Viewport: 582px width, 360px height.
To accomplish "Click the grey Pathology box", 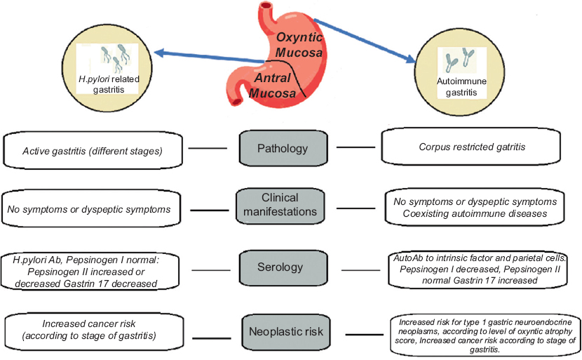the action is pyautogui.click(x=283, y=148).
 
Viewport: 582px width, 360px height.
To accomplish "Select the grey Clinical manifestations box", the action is pyautogui.click(x=280, y=206).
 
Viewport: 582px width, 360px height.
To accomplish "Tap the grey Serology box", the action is pyautogui.click(x=283, y=267).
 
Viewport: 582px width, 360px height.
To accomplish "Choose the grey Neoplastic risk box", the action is pyautogui.click(x=286, y=331).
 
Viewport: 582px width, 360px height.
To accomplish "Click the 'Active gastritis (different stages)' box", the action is pyautogui.click(x=93, y=150).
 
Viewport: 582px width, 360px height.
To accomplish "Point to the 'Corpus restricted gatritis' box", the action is pyautogui.click(x=471, y=147).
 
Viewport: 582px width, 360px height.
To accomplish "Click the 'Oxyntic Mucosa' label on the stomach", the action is pyautogui.click(x=299, y=45).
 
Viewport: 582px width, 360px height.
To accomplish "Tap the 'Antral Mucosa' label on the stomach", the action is pyautogui.click(x=273, y=86).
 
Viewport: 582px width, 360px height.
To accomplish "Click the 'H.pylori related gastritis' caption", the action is pyautogui.click(x=109, y=84).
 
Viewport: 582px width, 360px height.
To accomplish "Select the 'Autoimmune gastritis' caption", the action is pyautogui.click(x=461, y=86).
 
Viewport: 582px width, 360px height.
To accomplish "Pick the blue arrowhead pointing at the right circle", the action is pyautogui.click(x=411, y=59).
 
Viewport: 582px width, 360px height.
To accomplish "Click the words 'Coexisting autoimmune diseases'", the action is pyautogui.click(x=475, y=213).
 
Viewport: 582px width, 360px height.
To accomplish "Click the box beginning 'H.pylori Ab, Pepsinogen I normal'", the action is pyautogui.click(x=90, y=271).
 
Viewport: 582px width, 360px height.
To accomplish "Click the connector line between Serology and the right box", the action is pyautogui.click(x=360, y=270).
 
